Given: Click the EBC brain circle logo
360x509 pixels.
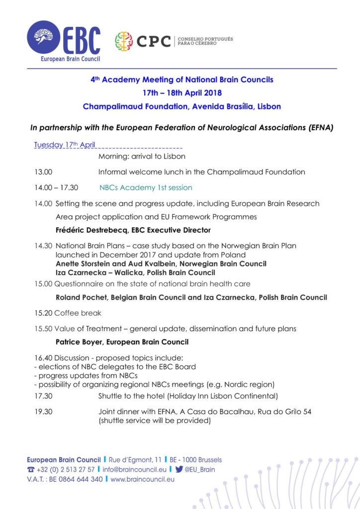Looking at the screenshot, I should pos(44,37).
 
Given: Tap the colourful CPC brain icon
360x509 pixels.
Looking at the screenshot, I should pos(124,42).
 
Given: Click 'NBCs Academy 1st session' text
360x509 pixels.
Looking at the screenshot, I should pos(146,188).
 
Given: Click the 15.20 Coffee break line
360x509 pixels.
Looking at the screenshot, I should pos(68,313).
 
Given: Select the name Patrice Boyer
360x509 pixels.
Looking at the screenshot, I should pos(80,342).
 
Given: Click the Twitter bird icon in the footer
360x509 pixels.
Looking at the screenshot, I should pos(179,469).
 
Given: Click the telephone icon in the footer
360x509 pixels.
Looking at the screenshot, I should pos(31,470).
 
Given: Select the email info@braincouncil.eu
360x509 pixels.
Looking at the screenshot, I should pos(134,470).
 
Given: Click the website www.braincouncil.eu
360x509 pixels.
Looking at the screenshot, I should pos(142,480).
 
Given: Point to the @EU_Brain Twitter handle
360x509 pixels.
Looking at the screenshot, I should pos(199,470).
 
